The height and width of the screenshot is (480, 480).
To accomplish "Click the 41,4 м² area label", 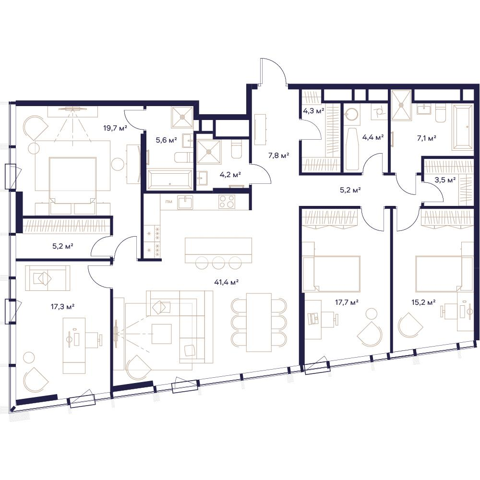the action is (x=226, y=282).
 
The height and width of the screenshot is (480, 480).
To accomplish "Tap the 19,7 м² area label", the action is (x=115, y=128).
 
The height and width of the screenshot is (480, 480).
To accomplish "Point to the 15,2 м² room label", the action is (x=424, y=302).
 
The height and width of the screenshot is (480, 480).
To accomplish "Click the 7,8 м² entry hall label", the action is (x=278, y=156).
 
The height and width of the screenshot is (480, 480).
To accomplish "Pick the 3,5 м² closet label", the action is (x=445, y=180).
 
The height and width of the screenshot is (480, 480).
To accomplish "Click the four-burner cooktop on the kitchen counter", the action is (x=227, y=202).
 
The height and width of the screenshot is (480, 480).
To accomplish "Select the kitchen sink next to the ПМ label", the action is (x=185, y=203).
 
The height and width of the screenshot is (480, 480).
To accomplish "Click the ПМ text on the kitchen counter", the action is (x=168, y=202).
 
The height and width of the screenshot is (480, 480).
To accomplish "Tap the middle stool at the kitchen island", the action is (x=218, y=262).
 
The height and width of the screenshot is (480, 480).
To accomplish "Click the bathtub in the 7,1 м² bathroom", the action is (x=463, y=128).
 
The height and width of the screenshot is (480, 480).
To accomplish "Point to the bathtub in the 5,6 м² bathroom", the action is (x=170, y=180).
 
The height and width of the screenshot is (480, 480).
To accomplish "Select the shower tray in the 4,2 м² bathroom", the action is (x=208, y=151).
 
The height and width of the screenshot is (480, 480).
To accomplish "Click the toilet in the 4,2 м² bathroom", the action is (x=236, y=149).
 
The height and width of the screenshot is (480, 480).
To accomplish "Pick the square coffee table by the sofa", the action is (x=162, y=334).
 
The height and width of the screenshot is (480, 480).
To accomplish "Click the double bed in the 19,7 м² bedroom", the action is (x=73, y=180).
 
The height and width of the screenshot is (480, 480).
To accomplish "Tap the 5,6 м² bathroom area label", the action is (x=167, y=140).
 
